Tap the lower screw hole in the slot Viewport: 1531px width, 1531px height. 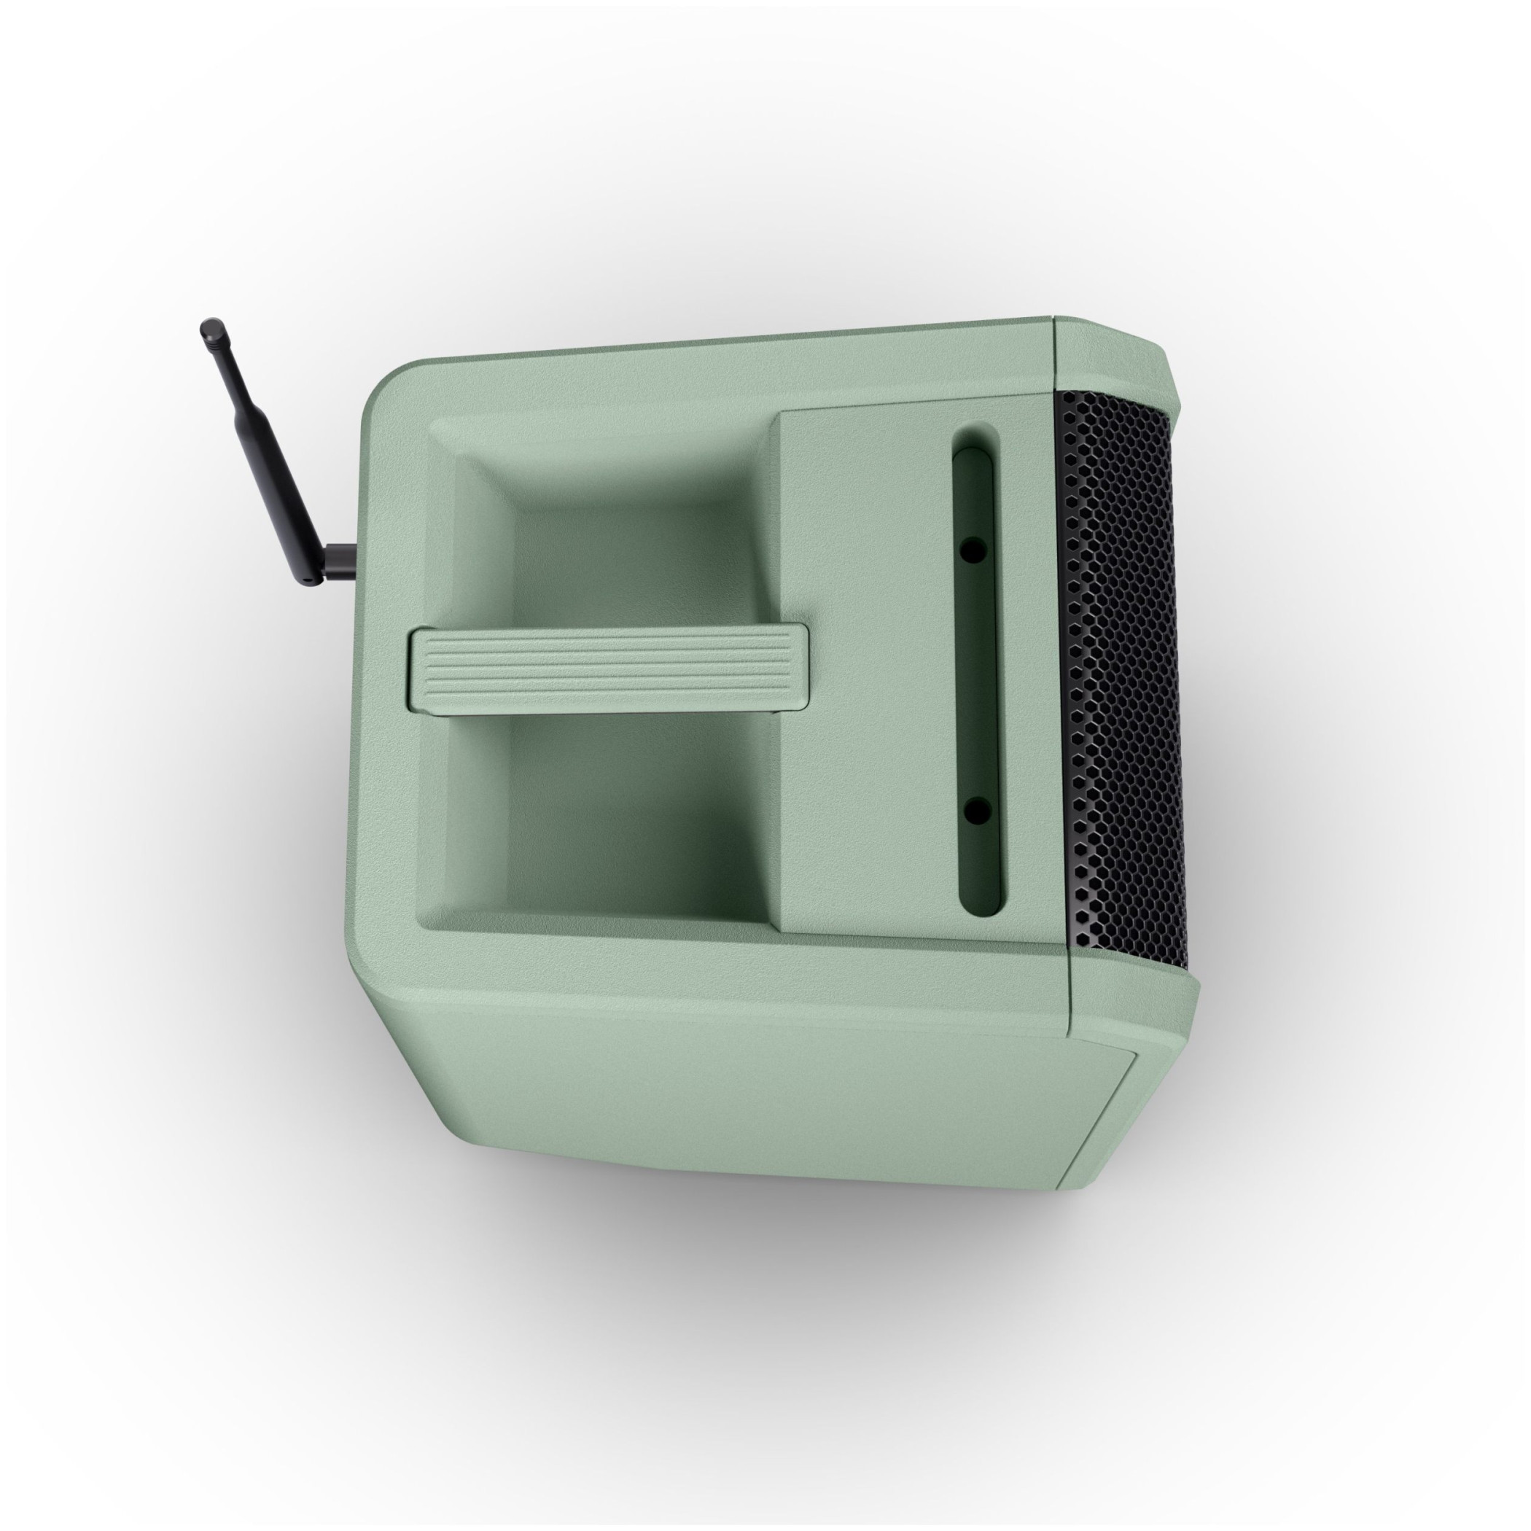coord(976,809)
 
